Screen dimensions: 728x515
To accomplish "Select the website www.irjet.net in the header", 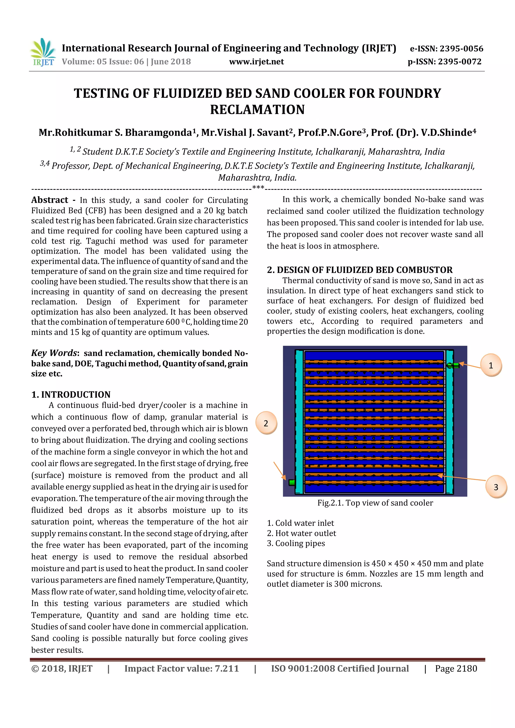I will tap(256, 62).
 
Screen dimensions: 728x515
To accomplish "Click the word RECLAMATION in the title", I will tap(257, 110).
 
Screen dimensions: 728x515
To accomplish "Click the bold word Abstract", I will tap(50, 200).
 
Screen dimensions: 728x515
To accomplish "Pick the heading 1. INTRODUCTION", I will tap(71, 394).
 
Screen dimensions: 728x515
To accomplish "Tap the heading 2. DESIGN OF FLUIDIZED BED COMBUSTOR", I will tap(360, 270).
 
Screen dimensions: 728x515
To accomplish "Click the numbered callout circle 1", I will tap(491, 366).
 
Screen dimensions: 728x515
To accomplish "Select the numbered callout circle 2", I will tap(266, 423).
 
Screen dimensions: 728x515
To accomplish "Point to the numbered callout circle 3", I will tap(496, 487).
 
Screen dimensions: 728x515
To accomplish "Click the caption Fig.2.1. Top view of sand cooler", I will tap(375, 503).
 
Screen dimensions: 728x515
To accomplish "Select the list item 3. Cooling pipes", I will tap(296, 543).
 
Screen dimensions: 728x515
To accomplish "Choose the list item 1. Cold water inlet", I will tap(300, 523).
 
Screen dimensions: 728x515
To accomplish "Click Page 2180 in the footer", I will tap(456, 669).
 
